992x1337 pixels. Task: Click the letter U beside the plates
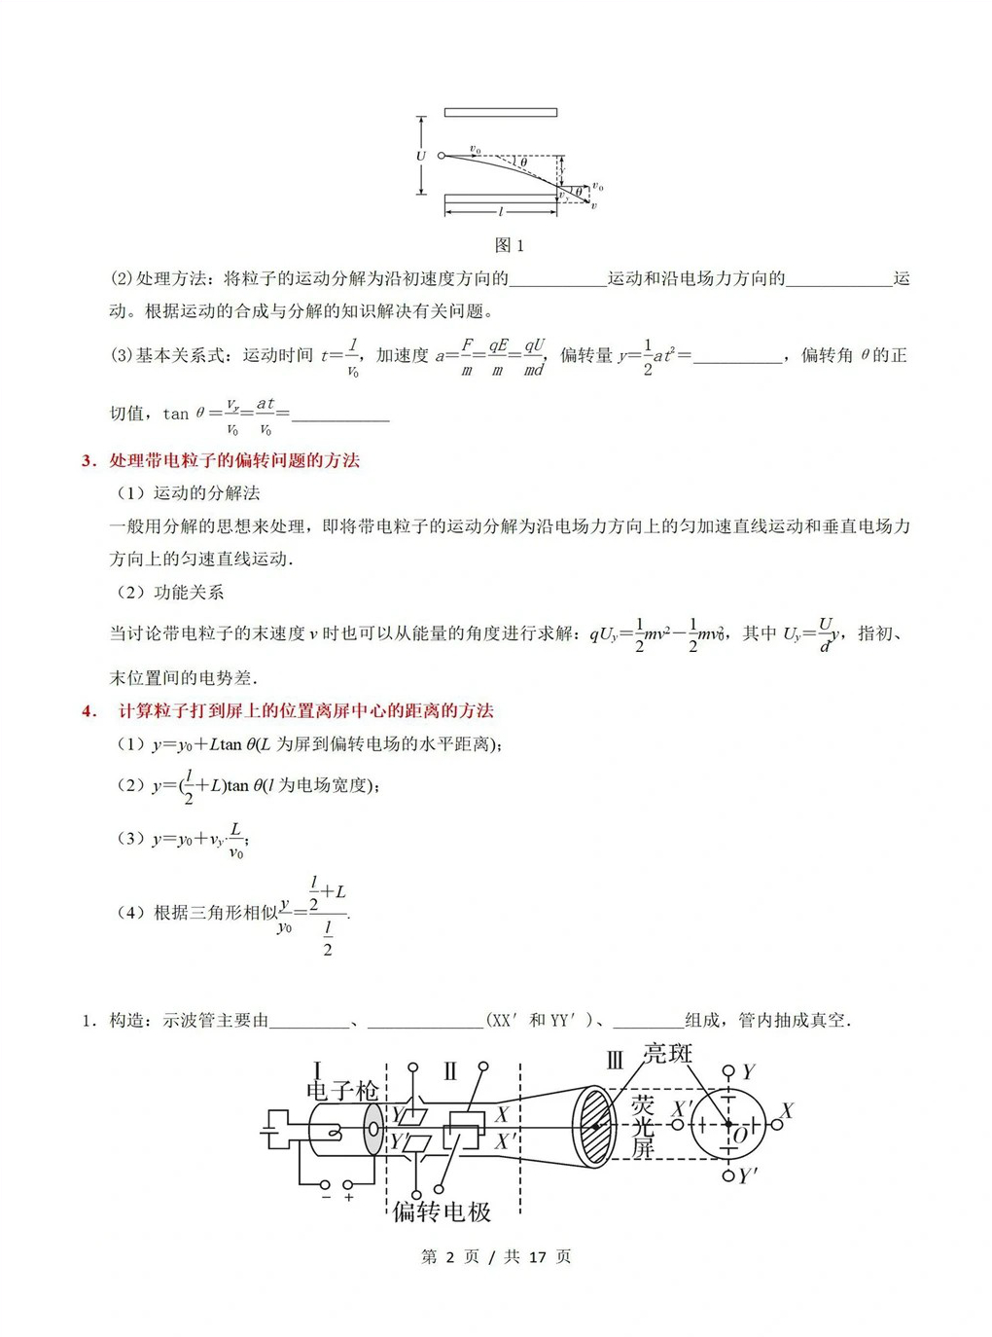pyautogui.click(x=421, y=156)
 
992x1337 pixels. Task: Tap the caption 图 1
pyautogui.click(x=509, y=245)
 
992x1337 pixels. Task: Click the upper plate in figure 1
pyautogui.click(x=500, y=113)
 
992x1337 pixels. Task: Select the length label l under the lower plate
pyautogui.click(x=501, y=211)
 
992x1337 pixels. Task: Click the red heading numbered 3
pyautogui.click(x=221, y=460)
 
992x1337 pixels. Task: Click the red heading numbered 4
pyautogui.click(x=288, y=710)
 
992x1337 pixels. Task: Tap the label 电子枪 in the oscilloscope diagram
pyautogui.click(x=341, y=1091)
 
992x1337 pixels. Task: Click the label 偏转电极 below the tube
pyautogui.click(x=443, y=1211)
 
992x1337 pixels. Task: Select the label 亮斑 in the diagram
pyautogui.click(x=667, y=1054)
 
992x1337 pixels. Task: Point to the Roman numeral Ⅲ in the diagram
pyautogui.click(x=615, y=1061)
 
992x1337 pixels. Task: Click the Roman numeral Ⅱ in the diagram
pyautogui.click(x=449, y=1072)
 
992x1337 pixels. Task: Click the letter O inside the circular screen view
pyautogui.click(x=741, y=1136)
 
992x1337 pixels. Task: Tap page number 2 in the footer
pyautogui.click(x=449, y=1257)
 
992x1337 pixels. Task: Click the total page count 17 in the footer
pyautogui.click(x=537, y=1257)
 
